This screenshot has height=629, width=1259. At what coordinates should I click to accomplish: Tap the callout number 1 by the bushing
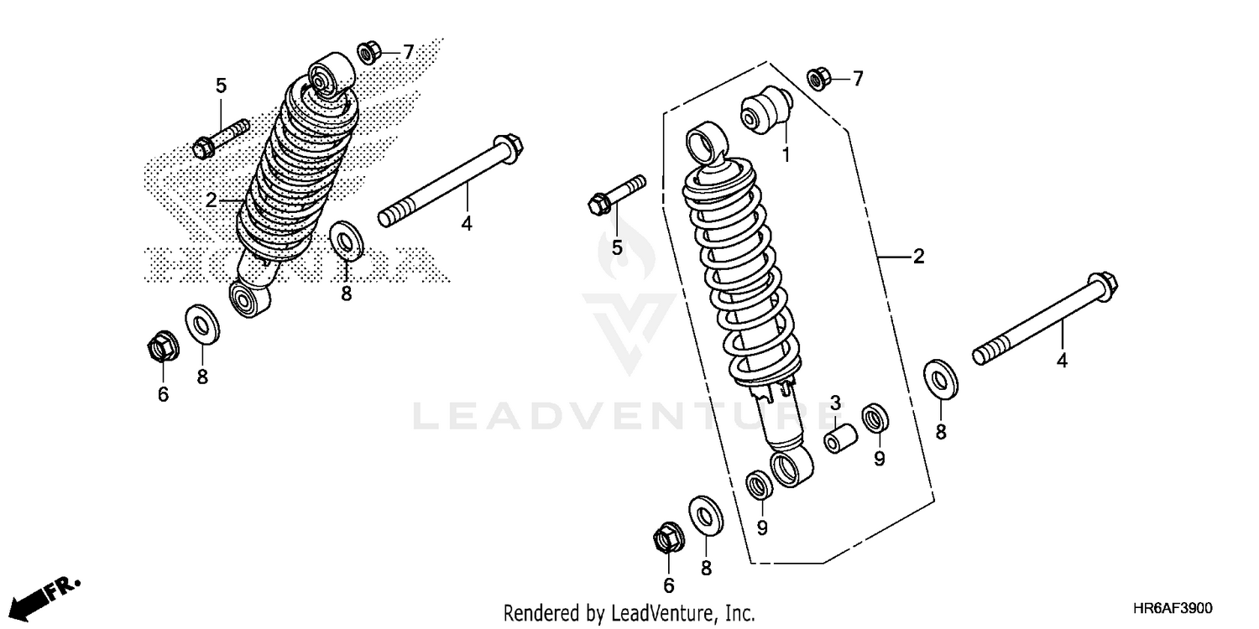[x=786, y=155]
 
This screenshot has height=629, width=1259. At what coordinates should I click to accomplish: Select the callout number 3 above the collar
[x=835, y=403]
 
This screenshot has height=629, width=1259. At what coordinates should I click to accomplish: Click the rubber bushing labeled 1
[x=764, y=110]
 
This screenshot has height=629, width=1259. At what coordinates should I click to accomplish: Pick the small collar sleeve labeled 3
[x=839, y=439]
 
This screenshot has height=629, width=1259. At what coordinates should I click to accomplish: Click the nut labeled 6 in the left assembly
[x=161, y=346]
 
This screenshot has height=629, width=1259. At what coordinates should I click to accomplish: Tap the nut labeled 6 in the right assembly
[x=667, y=537]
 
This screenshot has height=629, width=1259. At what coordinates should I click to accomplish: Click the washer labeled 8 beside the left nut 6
[x=202, y=324]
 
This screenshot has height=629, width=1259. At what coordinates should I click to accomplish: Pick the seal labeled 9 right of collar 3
[x=876, y=417]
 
